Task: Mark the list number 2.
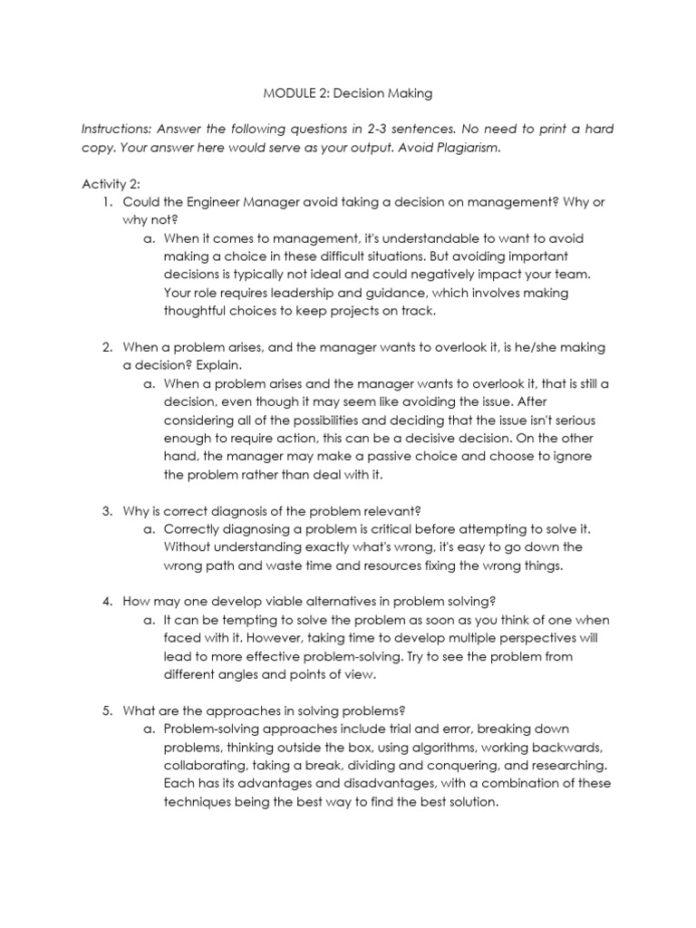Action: click(106, 347)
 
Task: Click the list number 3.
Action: click(106, 510)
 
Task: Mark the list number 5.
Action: click(106, 710)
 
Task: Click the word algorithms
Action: click(413, 747)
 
